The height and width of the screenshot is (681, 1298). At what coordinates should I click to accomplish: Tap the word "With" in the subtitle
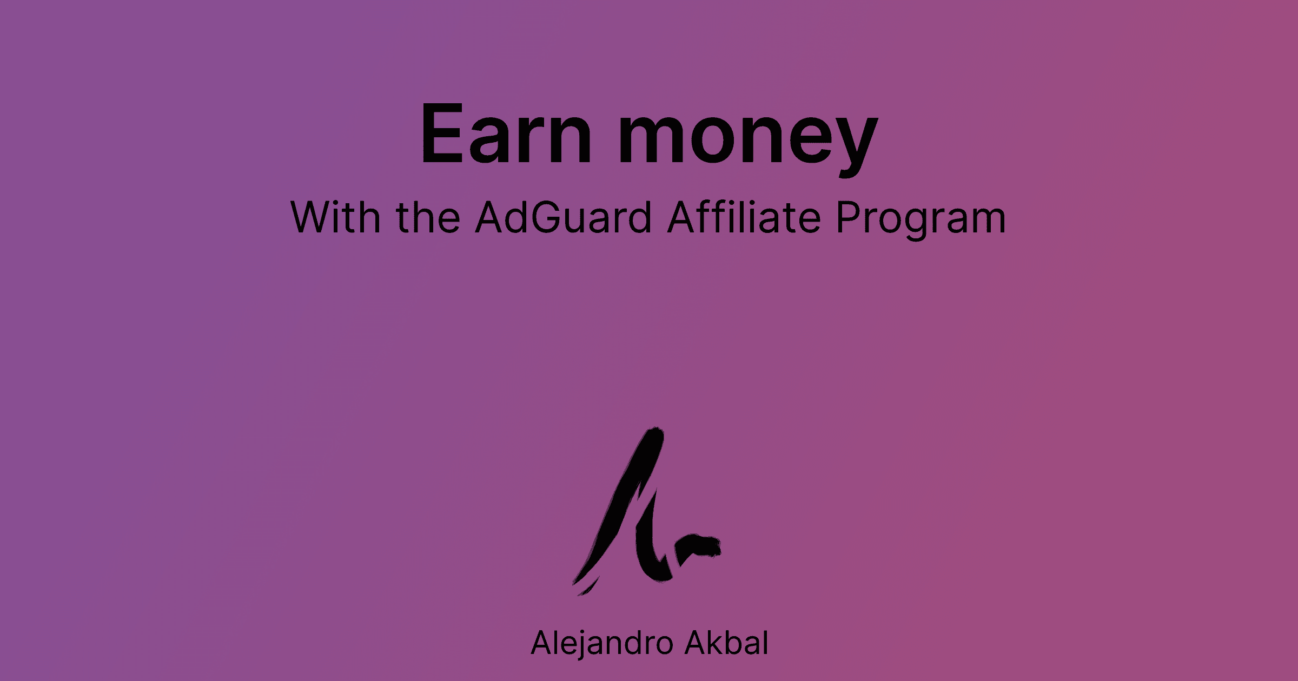point(335,217)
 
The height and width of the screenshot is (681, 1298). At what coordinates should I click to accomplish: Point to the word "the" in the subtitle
point(428,217)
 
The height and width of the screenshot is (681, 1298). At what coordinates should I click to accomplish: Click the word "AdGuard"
point(563,217)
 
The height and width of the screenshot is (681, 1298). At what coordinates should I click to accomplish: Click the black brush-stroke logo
point(638,513)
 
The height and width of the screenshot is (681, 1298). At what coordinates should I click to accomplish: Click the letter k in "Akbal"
point(709,643)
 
